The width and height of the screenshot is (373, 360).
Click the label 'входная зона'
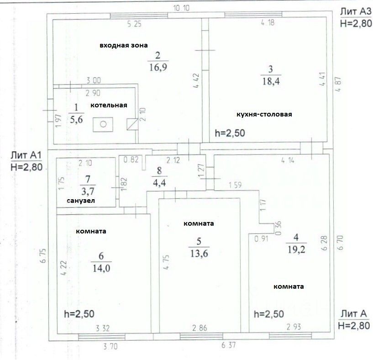(x=124, y=45)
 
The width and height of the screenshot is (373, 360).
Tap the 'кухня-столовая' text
(x=264, y=114)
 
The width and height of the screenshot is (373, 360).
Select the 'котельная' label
(x=109, y=106)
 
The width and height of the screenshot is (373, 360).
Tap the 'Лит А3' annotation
(x=356, y=11)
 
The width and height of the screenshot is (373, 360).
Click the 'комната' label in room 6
(x=91, y=231)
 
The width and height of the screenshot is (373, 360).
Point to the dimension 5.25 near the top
(x=133, y=24)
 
